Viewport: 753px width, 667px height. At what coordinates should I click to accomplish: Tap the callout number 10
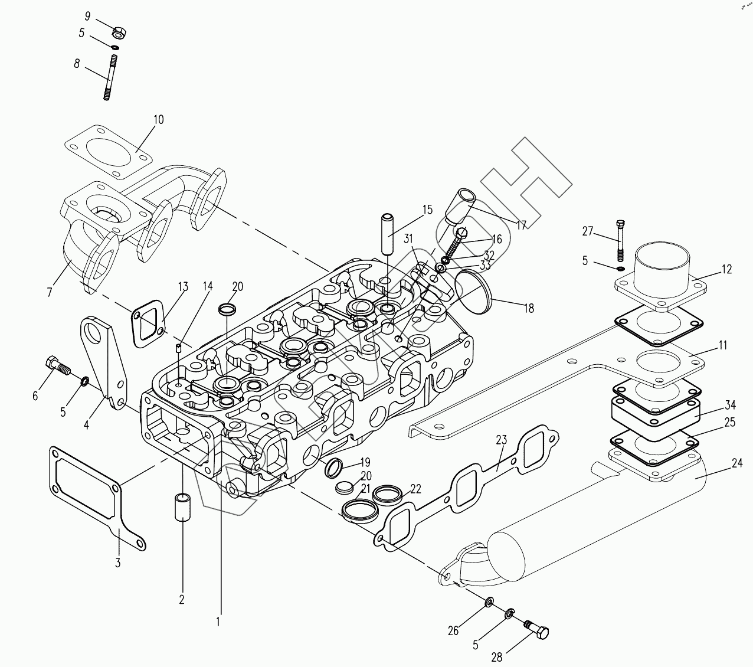(x=158, y=120)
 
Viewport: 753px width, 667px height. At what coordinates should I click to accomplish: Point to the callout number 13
(x=182, y=287)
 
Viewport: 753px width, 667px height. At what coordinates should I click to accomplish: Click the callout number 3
(x=117, y=563)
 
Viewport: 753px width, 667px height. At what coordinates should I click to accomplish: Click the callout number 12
(x=726, y=269)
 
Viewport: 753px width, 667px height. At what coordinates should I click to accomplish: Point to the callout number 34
(x=730, y=405)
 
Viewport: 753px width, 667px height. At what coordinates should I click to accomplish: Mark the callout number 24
(x=736, y=463)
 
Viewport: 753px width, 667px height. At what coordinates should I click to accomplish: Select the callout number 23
(x=501, y=440)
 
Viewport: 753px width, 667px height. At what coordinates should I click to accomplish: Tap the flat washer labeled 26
(x=489, y=603)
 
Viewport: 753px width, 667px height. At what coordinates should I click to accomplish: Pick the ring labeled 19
(x=334, y=468)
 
